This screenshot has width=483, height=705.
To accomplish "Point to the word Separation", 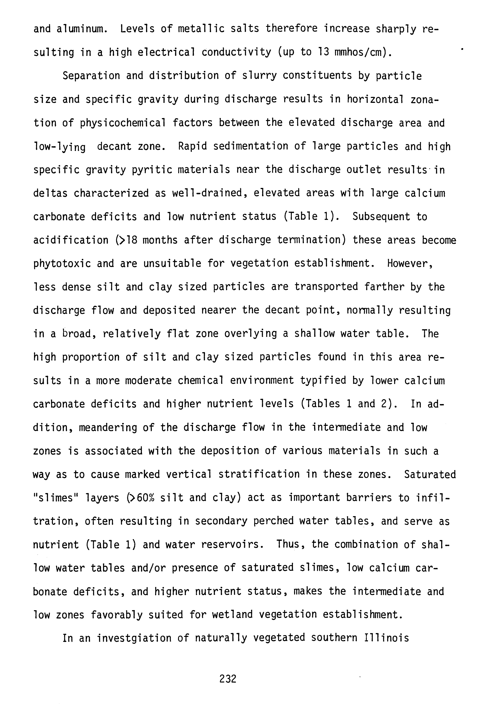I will pos(91,76).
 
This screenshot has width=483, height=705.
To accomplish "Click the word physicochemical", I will pos(123,123).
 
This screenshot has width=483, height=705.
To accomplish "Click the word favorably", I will pos(117,615).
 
